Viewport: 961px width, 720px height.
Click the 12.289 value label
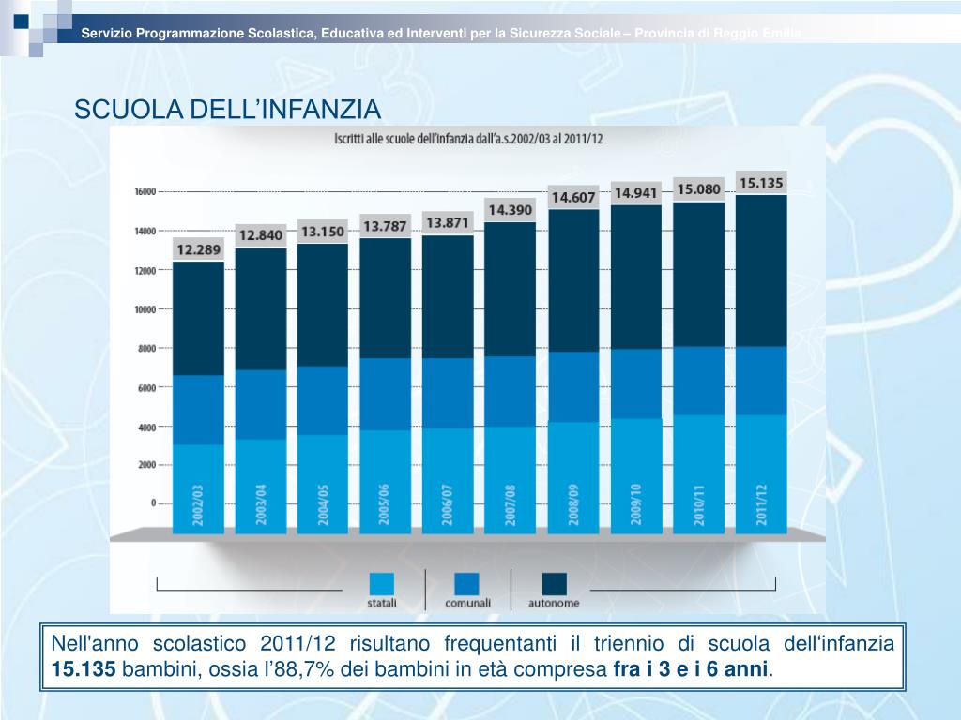pyautogui.click(x=198, y=249)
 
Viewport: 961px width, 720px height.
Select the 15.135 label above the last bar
pyautogui.click(x=761, y=183)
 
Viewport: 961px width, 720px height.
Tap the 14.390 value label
pyautogui.click(x=509, y=210)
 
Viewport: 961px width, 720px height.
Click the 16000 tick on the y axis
pyautogui.click(x=144, y=191)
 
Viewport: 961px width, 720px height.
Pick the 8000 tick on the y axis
pyautogui.click(x=145, y=348)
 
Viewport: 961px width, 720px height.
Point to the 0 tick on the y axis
pyautogui.click(x=153, y=503)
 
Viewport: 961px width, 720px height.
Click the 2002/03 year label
pyautogui.click(x=198, y=505)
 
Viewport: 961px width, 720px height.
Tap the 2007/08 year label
pyautogui.click(x=511, y=505)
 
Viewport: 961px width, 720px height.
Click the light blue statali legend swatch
pyautogui.click(x=382, y=584)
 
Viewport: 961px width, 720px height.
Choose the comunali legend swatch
pyautogui.click(x=466, y=584)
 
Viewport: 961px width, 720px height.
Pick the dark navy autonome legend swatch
pyautogui.click(x=554, y=584)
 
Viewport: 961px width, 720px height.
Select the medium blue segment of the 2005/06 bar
pyautogui.click(x=385, y=394)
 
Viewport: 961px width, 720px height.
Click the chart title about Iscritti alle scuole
pyautogui.click(x=469, y=139)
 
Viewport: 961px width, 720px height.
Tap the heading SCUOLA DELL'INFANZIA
pyautogui.click(x=228, y=111)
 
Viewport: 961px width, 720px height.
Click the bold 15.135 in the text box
pyautogui.click(x=84, y=669)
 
